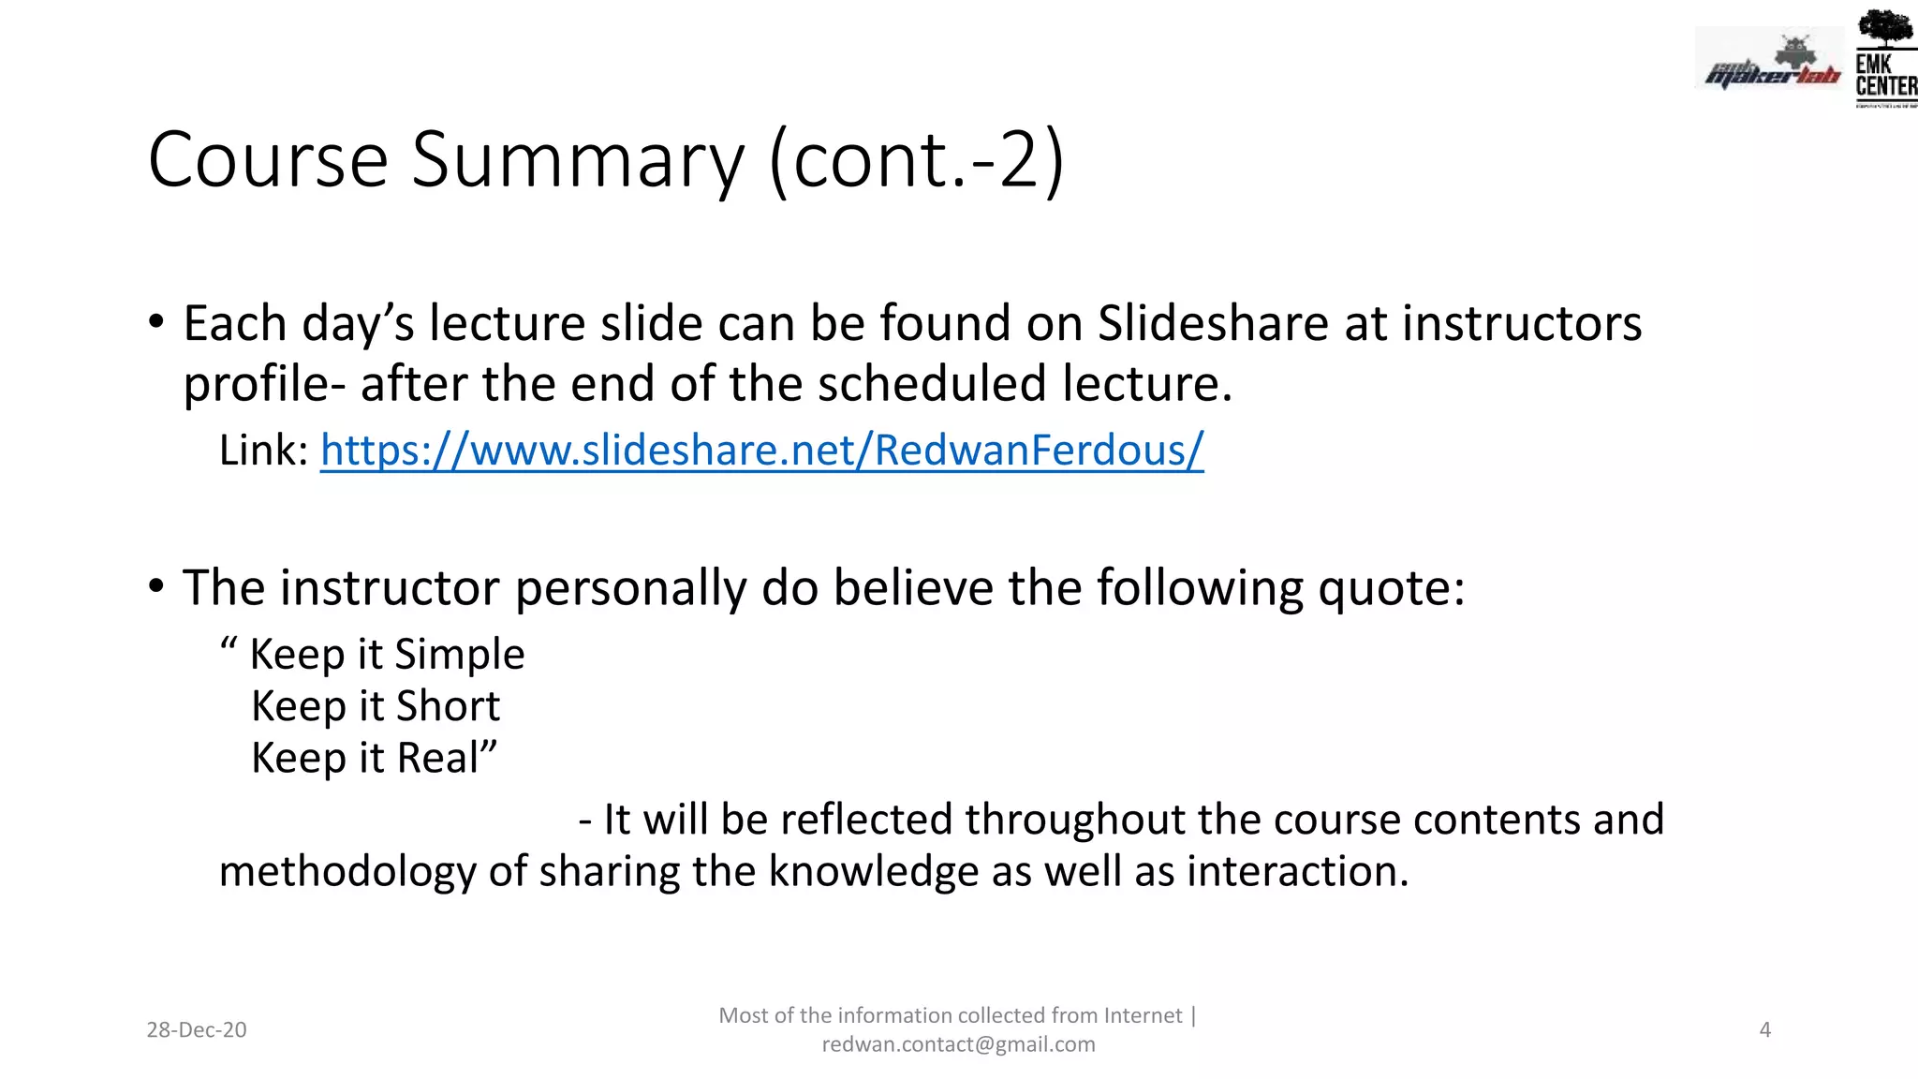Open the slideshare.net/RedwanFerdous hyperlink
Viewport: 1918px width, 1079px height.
click(x=761, y=450)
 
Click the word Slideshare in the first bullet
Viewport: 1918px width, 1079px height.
click(x=1213, y=323)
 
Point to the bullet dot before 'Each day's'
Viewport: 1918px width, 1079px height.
click(x=156, y=323)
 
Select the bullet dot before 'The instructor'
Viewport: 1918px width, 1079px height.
click(x=156, y=587)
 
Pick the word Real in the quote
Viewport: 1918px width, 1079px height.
click(x=437, y=758)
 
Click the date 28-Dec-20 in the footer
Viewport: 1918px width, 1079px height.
click(x=197, y=1029)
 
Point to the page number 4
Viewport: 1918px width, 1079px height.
click(x=1764, y=1029)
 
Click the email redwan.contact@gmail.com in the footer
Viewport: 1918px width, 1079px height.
click(x=958, y=1044)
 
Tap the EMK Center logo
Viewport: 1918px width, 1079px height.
click(x=1884, y=58)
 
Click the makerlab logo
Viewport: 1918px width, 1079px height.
click(x=1770, y=64)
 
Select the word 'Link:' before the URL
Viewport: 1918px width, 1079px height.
click(x=263, y=451)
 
